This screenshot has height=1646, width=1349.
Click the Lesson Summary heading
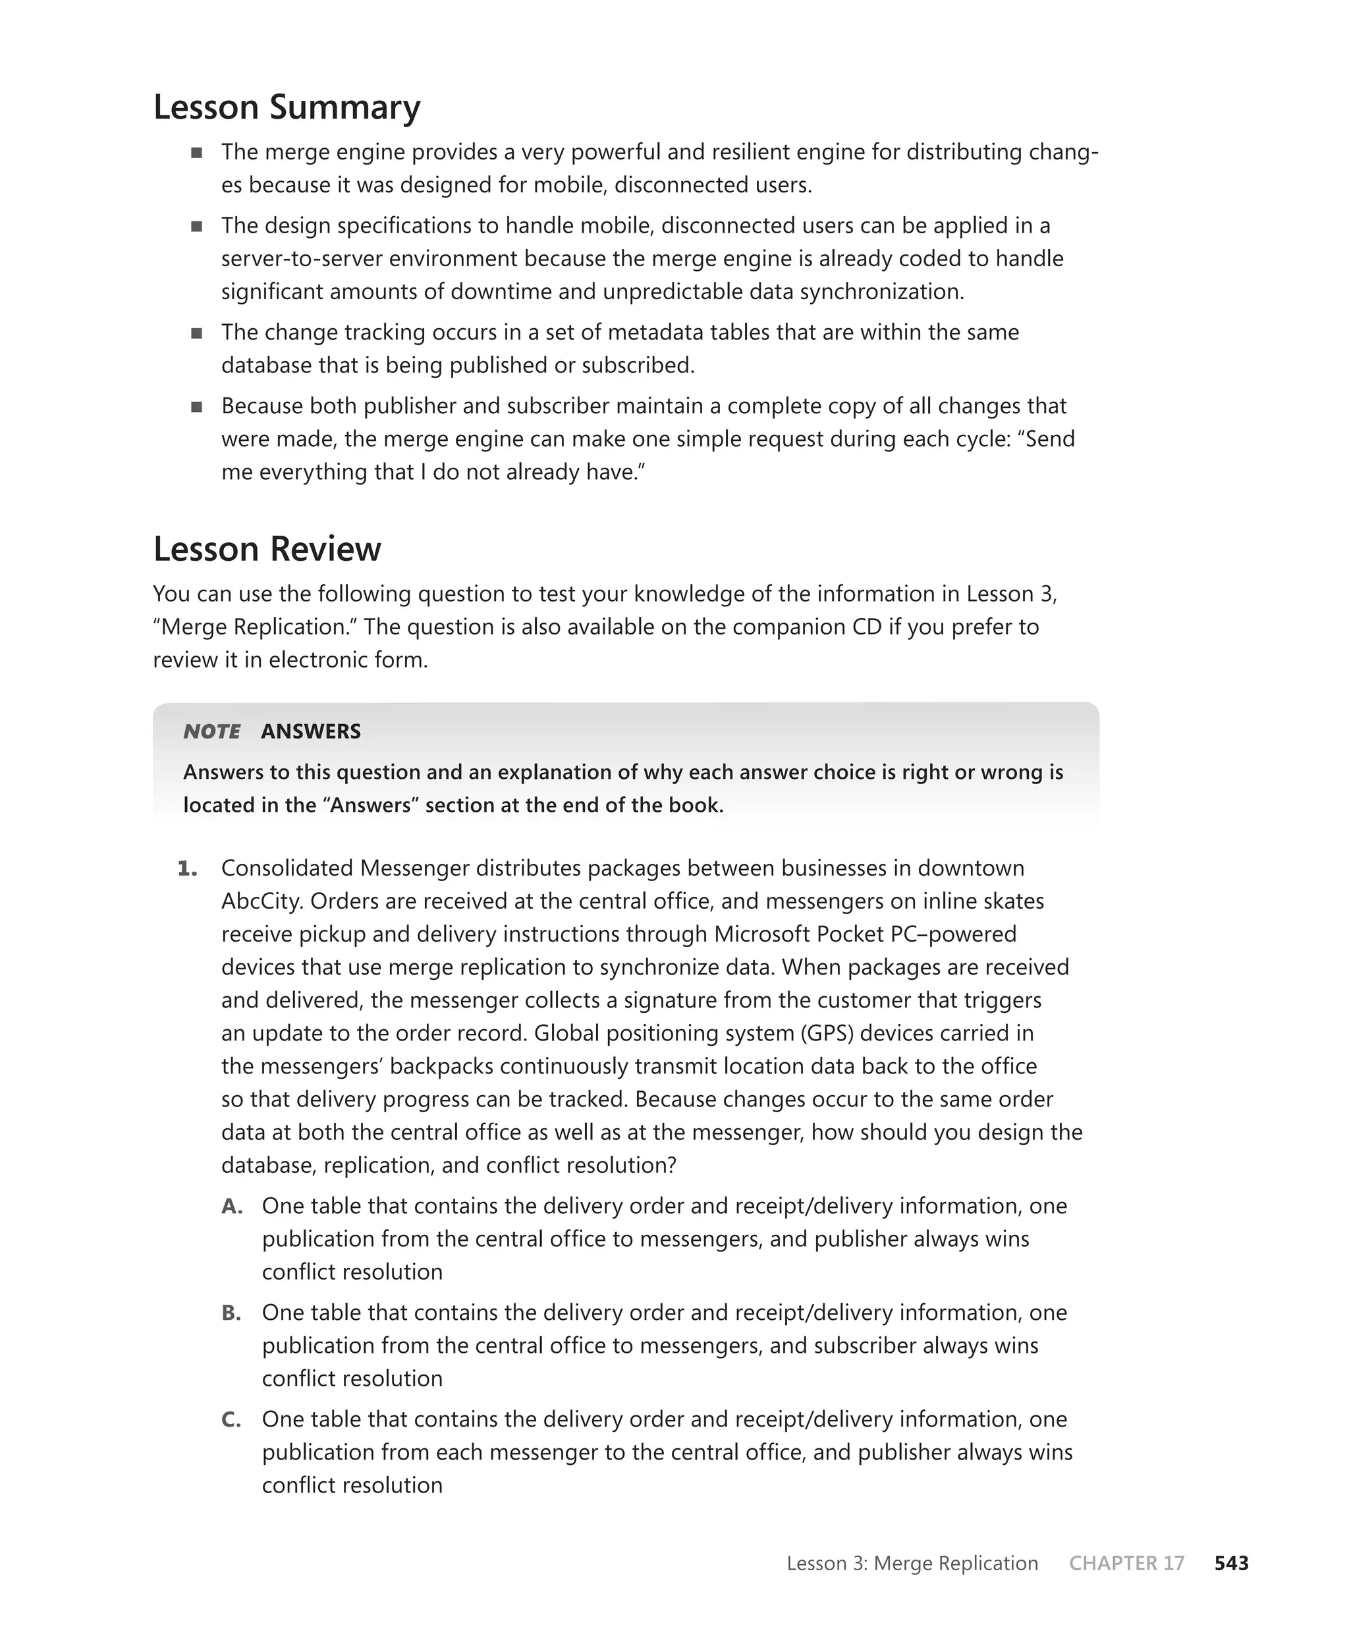click(x=287, y=107)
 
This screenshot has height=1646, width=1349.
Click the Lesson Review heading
click(x=267, y=549)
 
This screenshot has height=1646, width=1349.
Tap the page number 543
click(x=1231, y=1563)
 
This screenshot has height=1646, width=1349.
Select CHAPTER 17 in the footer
click(x=1126, y=1563)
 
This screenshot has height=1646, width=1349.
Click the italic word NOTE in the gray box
click(x=211, y=731)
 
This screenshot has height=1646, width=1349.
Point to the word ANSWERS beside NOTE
click(x=311, y=731)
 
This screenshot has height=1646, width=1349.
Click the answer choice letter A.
click(x=232, y=1206)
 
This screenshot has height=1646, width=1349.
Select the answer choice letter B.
click(x=231, y=1313)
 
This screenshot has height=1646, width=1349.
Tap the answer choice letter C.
click(x=231, y=1419)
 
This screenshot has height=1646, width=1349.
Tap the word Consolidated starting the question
click(x=287, y=868)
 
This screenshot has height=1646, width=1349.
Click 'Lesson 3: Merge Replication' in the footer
click(x=912, y=1563)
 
